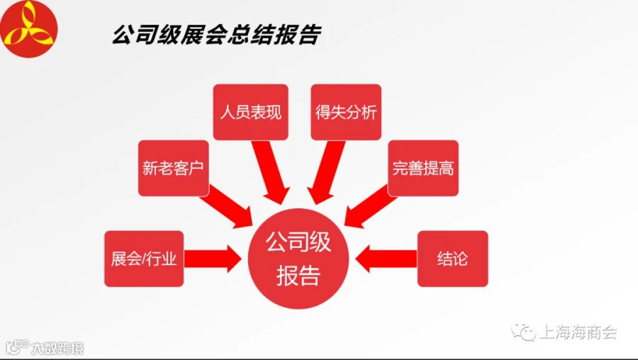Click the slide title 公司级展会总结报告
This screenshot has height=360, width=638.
click(217, 35)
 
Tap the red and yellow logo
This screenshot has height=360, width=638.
click(28, 28)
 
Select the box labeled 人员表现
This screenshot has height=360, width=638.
click(251, 112)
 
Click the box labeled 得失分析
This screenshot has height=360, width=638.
click(346, 112)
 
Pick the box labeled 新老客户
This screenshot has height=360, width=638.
click(174, 168)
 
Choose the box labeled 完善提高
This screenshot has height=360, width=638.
click(423, 168)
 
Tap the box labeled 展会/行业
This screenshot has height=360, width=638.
click(144, 259)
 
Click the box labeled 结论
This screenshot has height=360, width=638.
click(452, 259)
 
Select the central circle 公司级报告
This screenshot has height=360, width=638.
click(298, 259)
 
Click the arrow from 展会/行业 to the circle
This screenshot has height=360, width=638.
click(213, 259)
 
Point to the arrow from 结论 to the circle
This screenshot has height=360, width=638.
click(386, 259)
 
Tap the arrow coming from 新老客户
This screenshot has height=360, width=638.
click(226, 207)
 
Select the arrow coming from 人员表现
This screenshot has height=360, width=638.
click(270, 172)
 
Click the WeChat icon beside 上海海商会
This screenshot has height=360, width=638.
click(524, 332)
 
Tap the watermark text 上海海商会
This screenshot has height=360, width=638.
click(578, 332)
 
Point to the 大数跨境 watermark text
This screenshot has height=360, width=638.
click(57, 348)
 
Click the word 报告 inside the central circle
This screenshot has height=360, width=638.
click(298, 276)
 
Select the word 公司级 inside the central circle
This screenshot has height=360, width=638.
click(298, 242)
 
